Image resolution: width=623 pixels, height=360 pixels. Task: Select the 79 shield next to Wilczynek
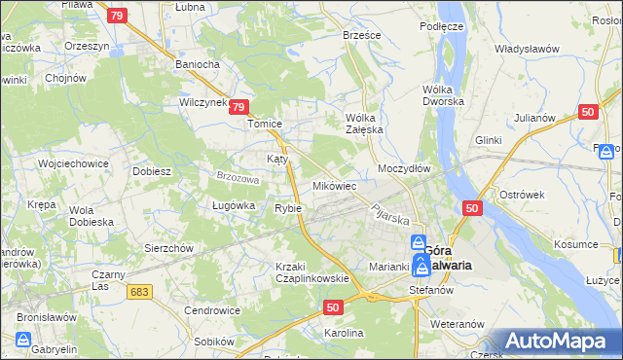pos(242,109)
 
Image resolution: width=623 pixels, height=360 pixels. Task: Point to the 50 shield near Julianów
pos(587,112)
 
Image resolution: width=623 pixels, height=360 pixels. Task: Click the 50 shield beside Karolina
pos(333,306)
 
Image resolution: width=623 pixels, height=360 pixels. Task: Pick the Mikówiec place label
pos(334,185)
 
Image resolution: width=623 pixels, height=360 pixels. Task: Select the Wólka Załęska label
pos(366,124)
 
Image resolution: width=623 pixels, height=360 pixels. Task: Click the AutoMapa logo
pos(555,342)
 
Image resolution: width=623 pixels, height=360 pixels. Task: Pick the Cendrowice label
pos(212,310)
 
